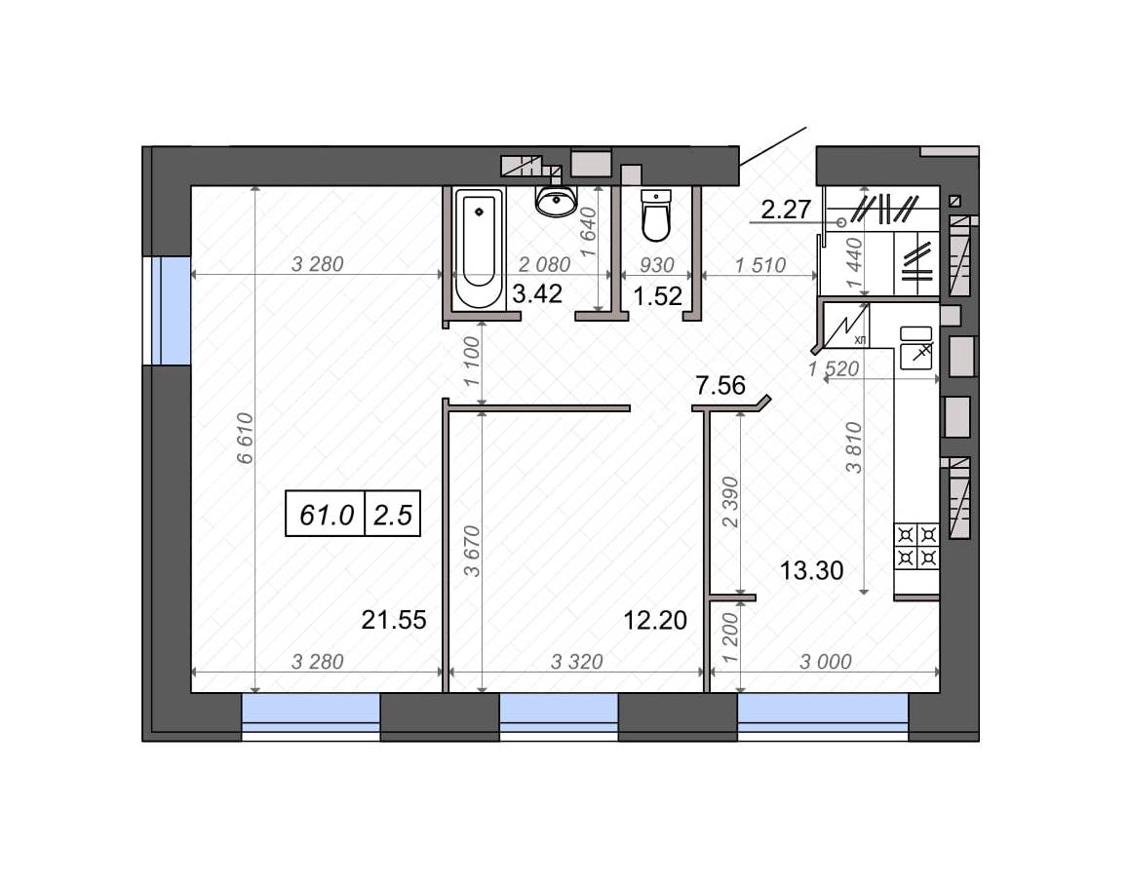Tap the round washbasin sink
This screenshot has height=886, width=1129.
[556, 200]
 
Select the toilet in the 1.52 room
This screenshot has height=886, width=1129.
[656, 215]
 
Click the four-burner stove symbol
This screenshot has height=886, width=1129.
[916, 546]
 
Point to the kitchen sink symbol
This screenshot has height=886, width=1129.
[916, 348]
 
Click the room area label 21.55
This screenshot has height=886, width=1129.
[394, 620]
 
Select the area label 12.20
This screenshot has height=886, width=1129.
[654, 620]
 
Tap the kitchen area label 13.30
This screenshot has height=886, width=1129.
[811, 571]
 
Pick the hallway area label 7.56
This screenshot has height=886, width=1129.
[720, 386]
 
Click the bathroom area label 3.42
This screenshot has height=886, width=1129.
[537, 293]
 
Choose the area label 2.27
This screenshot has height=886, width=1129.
[786, 210]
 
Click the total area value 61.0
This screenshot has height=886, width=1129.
[327, 516]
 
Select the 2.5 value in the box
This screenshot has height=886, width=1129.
[392, 516]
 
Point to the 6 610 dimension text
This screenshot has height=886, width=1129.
[246, 439]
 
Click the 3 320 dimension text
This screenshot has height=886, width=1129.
[577, 662]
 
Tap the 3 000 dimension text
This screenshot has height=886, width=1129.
[826, 662]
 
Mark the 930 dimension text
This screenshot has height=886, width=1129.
[657, 265]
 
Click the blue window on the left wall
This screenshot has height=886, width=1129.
[172, 311]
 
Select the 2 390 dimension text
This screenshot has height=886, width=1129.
[730, 502]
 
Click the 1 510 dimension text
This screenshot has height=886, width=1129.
[760, 265]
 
